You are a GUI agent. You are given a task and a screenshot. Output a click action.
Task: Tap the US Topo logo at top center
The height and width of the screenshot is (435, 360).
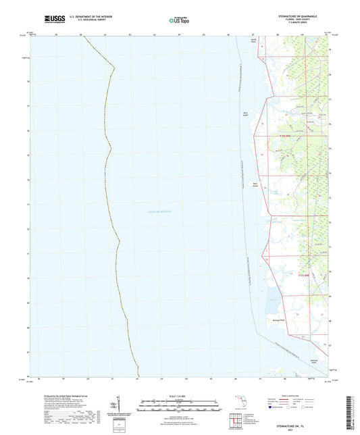tap(179, 21)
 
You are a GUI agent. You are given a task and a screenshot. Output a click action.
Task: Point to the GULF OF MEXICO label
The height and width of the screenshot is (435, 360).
tap(160, 211)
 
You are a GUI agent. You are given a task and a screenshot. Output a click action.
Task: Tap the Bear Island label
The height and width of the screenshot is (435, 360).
tap(257, 182)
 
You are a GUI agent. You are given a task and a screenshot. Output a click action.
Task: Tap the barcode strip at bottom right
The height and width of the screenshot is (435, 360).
tap(353, 412)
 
